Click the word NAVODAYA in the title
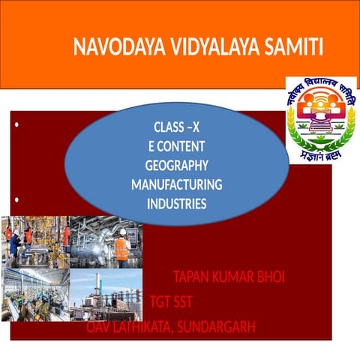pyautogui.click(x=108, y=47)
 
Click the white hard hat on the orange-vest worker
pyautogui.click(x=121, y=232)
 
